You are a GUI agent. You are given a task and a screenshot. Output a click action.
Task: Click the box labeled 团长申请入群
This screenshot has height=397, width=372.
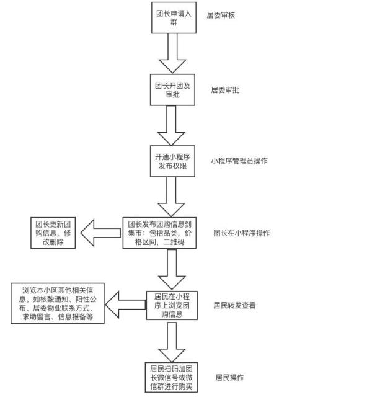click(174, 18)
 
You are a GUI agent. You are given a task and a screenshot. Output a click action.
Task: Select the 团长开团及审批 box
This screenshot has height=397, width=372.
click(172, 90)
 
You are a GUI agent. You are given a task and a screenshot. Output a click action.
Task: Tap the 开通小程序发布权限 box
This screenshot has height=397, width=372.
click(172, 161)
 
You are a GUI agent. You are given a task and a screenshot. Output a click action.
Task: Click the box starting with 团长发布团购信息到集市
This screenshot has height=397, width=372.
click(159, 233)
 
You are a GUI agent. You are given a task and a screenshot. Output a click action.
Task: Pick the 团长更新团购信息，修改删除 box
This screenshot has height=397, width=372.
click(53, 233)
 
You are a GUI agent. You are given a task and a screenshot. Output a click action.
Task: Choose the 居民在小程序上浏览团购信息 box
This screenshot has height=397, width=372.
click(172, 305)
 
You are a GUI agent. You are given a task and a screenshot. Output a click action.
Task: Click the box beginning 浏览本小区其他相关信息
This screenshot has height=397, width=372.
click(58, 303)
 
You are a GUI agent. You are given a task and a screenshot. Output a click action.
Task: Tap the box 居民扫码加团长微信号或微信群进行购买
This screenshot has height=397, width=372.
click(171, 378)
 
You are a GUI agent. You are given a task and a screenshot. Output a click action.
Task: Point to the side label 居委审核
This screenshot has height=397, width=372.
click(221, 15)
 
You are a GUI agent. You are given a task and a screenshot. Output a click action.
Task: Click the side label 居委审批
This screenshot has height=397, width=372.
click(225, 90)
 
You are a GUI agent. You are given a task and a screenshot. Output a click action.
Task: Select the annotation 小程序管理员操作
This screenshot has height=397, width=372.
click(239, 161)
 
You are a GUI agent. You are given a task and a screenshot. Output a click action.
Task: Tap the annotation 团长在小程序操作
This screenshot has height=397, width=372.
click(242, 233)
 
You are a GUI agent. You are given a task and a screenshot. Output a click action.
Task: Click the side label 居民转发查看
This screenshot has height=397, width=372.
click(234, 305)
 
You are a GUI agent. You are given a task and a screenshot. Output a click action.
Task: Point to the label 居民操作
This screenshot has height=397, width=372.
click(229, 378)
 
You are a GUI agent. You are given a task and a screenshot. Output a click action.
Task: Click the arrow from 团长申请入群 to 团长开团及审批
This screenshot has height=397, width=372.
click(172, 53)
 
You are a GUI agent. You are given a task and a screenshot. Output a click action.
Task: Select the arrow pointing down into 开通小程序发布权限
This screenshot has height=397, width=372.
click(171, 125)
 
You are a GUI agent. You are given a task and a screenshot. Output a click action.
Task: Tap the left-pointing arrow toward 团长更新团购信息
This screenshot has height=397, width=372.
click(100, 233)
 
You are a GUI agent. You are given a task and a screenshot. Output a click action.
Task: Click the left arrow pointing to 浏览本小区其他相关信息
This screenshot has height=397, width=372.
click(125, 305)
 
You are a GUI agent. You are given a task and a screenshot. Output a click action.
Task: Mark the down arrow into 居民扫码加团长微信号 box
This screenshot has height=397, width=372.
click(172, 342)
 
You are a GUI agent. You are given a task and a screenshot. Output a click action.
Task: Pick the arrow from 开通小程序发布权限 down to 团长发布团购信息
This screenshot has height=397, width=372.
click(171, 197)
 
